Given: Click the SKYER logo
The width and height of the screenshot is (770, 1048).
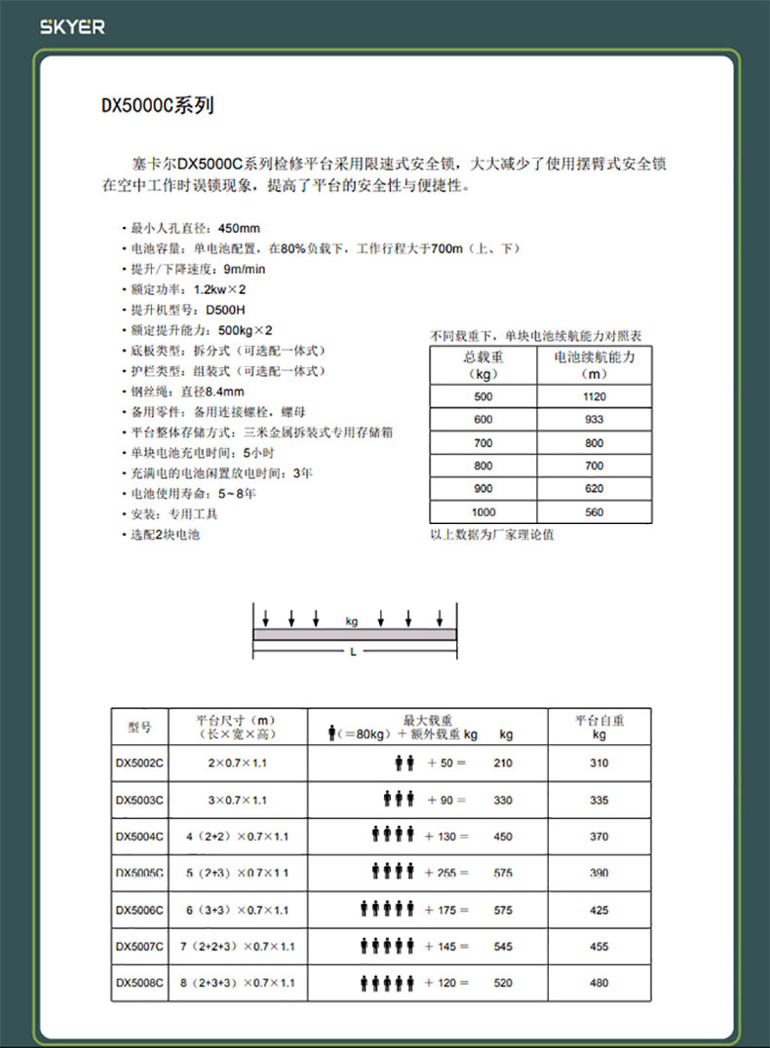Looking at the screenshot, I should [72, 27].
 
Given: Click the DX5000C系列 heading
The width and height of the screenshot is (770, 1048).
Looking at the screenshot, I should [156, 106].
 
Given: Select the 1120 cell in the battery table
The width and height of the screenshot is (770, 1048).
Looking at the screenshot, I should [594, 396].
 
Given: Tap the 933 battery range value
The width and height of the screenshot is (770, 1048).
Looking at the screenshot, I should [594, 420].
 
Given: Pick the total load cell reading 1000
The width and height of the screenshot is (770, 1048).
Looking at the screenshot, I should [483, 512].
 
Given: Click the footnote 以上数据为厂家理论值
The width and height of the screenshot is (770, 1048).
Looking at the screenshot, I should [491, 535].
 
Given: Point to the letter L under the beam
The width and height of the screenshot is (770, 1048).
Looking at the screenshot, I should [353, 653].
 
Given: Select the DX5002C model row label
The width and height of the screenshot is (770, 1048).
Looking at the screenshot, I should [139, 764].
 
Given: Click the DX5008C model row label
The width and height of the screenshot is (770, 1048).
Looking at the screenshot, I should [139, 983].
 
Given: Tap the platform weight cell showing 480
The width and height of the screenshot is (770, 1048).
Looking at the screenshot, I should [598, 983].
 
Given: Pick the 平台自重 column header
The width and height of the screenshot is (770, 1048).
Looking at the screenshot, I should [598, 727].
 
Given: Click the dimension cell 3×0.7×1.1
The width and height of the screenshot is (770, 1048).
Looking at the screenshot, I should [237, 801].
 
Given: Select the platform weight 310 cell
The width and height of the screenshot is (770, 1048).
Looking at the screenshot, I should [598, 764].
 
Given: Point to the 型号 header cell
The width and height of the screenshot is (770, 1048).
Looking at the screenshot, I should [139, 727].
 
